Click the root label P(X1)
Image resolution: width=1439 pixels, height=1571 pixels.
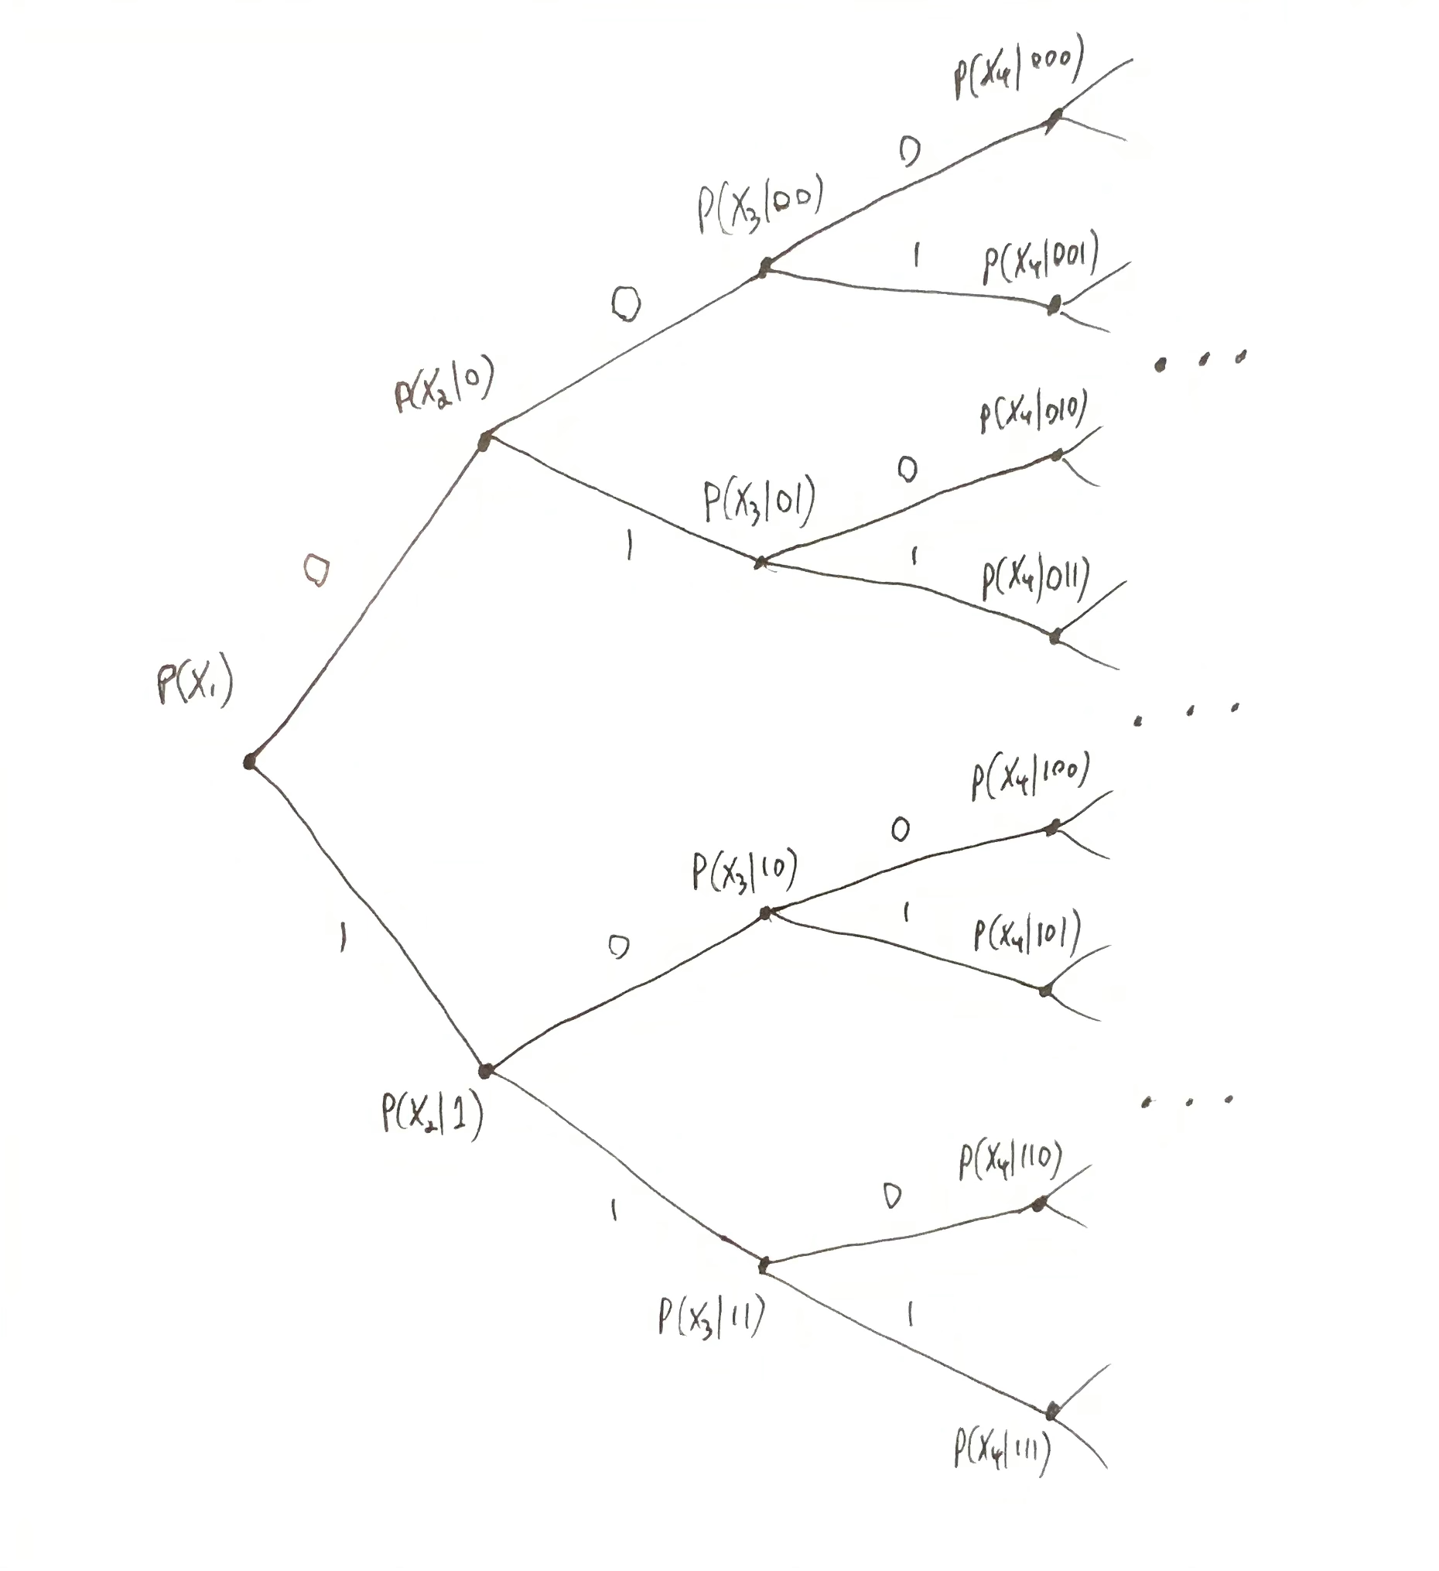coord(195,684)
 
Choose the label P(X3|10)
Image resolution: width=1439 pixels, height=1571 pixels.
coord(745,871)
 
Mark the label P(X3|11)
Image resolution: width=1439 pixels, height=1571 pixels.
coord(711,1316)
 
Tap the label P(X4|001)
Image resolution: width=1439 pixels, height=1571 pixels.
coord(1040,257)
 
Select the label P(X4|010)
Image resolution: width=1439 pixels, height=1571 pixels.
coord(1033,411)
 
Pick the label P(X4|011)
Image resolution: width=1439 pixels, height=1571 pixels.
coord(1035,579)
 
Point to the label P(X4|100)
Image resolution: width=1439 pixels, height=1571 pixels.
coord(1030,776)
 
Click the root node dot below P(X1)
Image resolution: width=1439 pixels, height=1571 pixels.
coord(249,762)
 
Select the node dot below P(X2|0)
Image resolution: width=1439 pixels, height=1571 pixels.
coord(484,443)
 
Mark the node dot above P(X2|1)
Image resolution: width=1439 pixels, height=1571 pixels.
coord(485,1071)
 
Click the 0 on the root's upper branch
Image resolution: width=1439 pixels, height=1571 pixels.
coord(316,570)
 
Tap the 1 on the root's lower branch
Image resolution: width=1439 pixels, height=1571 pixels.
coord(343,936)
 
